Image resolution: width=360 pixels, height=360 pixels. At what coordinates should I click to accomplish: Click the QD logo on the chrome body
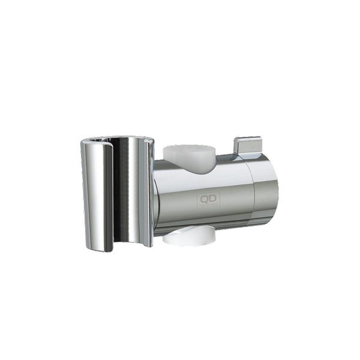click(208, 200)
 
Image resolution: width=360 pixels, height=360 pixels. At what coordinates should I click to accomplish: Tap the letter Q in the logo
click(204, 199)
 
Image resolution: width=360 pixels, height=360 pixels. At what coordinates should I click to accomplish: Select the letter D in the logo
click(213, 199)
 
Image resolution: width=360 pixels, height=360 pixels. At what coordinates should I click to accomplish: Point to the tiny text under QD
click(208, 205)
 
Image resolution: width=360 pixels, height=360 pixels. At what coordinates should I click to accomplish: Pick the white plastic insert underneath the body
click(190, 237)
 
